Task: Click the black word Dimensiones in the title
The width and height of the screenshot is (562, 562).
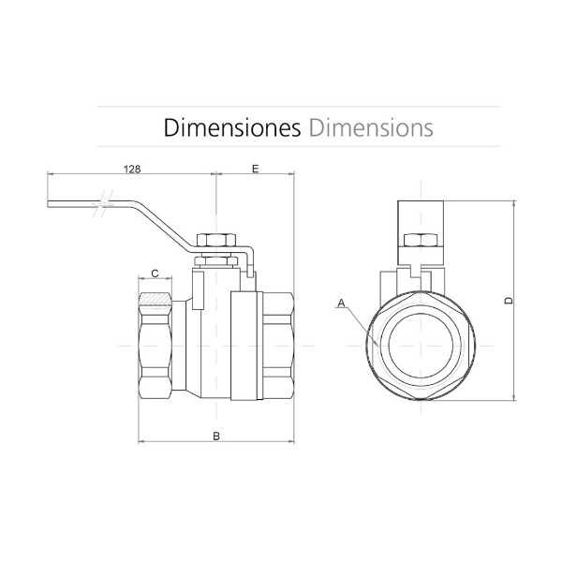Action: pos(232,127)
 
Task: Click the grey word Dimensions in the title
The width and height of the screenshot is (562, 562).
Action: pos(371,127)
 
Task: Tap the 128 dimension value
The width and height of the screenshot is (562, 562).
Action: pos(132,169)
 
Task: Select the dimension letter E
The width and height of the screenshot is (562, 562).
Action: pos(255,169)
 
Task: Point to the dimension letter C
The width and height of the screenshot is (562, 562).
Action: pos(155,274)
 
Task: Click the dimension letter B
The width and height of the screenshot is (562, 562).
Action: pos(216,436)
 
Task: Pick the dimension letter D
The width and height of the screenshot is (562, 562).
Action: pos(509,301)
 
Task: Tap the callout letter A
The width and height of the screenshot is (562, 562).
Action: pos(341,303)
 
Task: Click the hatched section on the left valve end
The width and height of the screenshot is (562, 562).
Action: pos(155,299)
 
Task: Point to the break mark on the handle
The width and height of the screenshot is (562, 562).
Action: pos(103,204)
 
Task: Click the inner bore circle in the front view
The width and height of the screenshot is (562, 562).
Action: pos(421,346)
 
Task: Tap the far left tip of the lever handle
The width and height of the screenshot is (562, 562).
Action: pos(48,204)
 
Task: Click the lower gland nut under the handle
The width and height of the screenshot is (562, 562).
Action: pos(216,260)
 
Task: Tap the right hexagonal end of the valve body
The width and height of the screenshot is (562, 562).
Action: pos(278,346)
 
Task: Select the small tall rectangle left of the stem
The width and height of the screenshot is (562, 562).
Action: pos(199,290)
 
